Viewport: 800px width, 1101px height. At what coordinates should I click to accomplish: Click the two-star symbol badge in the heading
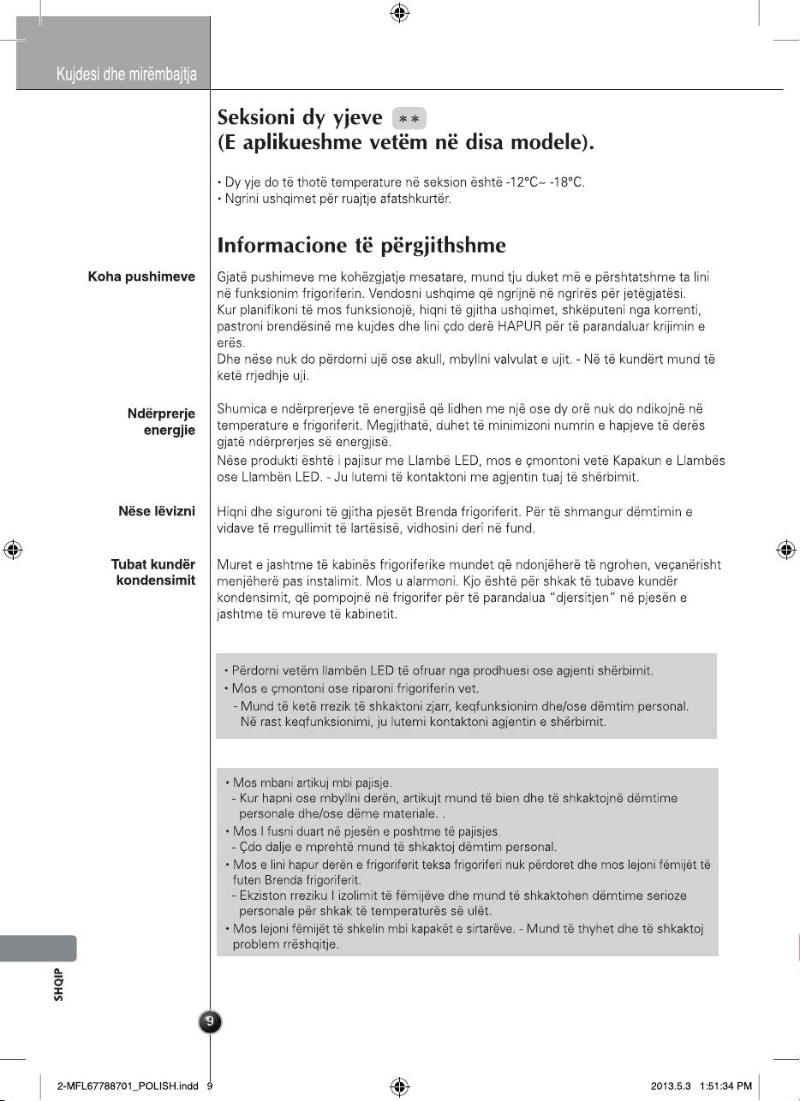click(409, 118)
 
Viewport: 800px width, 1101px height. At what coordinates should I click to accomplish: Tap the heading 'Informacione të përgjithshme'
click(361, 247)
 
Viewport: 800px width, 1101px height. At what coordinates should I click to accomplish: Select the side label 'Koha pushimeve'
click(141, 277)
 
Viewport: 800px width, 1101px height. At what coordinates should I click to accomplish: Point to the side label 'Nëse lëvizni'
click(157, 511)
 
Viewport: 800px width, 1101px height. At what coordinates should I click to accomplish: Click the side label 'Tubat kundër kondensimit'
click(153, 573)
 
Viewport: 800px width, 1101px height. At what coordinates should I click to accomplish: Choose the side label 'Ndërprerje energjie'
click(161, 422)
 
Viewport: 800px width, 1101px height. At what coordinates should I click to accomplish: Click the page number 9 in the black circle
click(211, 1021)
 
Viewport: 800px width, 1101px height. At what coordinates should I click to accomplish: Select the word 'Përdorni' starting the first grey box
click(255, 668)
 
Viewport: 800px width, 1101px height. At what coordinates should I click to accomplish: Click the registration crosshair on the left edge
click(13, 550)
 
